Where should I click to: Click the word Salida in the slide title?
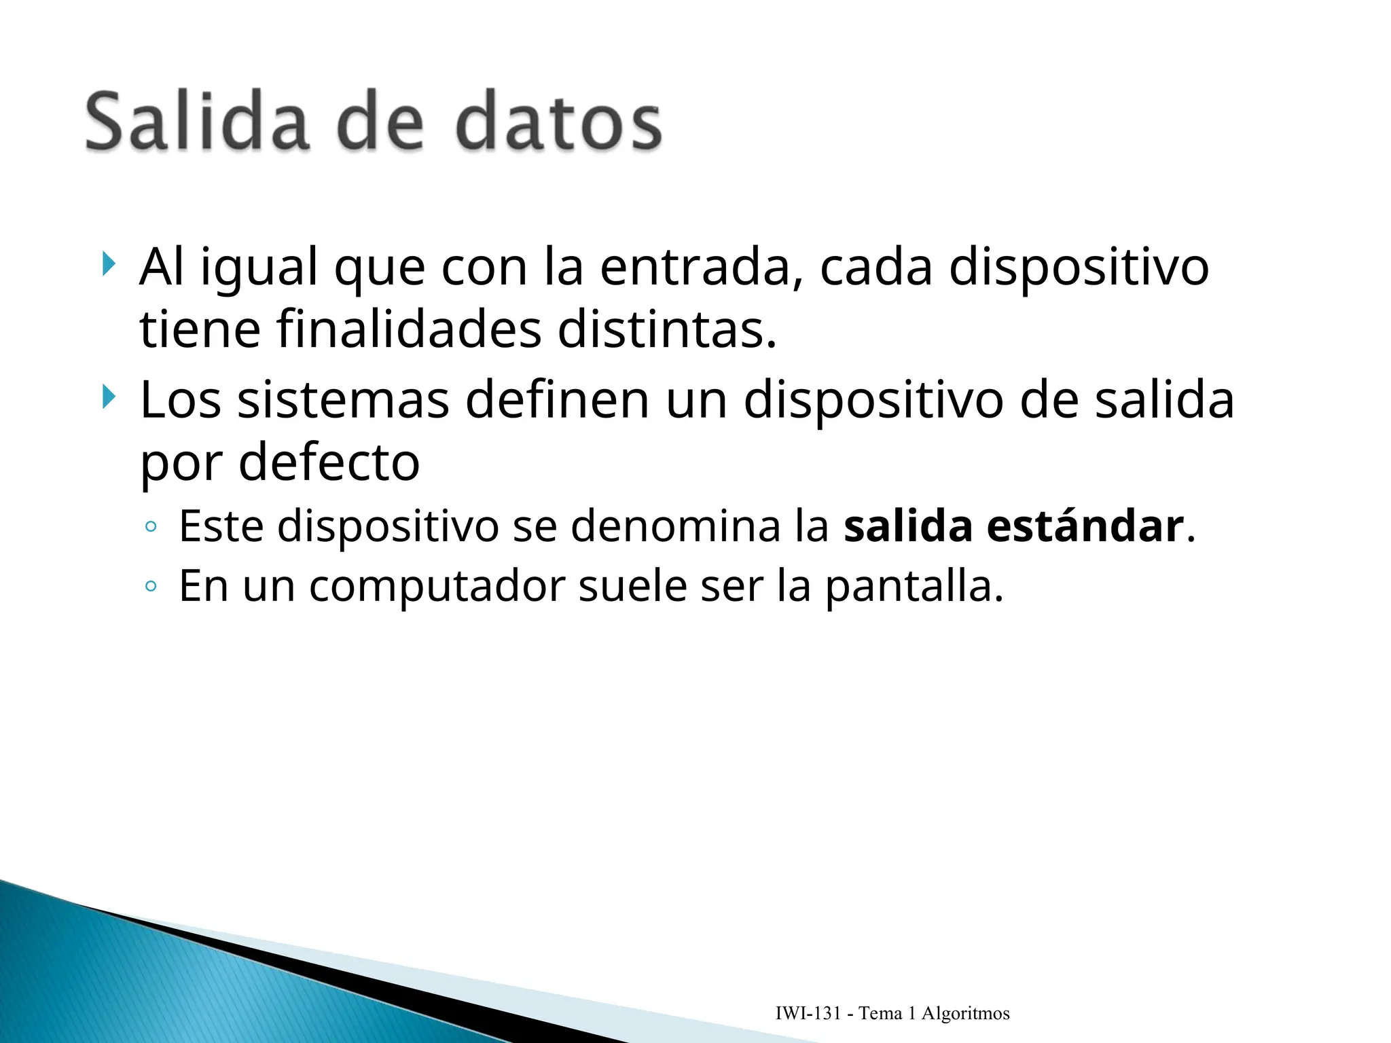pos(197,122)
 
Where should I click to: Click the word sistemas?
pos(343,400)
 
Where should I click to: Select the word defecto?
pos(329,463)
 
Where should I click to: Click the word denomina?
pos(675,526)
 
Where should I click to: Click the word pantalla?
pos(914,586)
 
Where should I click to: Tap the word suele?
pos(632,586)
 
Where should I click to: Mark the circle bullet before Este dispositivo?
pos(151,526)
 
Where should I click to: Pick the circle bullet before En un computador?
pos(151,586)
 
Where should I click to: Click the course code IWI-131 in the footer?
pos(808,1014)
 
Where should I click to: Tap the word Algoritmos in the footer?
pos(965,1014)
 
